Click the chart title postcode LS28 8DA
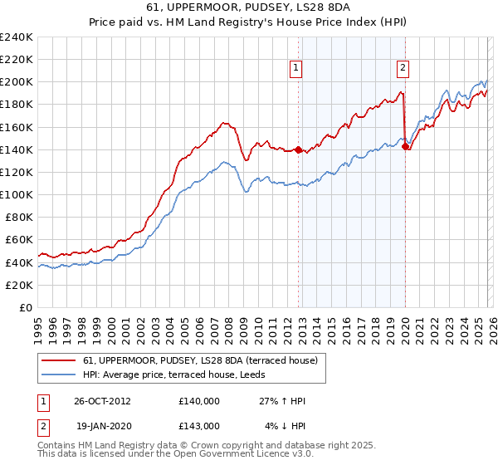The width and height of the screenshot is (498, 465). [x=321, y=8]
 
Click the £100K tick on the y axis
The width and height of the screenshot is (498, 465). [x=17, y=194]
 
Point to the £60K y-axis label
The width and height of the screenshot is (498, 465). [x=19, y=239]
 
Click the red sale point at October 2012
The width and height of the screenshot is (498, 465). [x=298, y=149]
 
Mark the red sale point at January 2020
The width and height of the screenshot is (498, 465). [x=405, y=146]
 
